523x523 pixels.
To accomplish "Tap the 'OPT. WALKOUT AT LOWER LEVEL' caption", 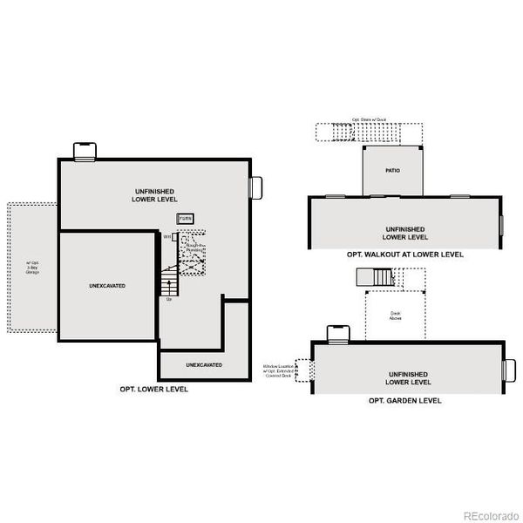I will click(404, 255).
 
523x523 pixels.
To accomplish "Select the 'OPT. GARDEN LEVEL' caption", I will click(404, 400).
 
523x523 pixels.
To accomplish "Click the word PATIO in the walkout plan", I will click(392, 171).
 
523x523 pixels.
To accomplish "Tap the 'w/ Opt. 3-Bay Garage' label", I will click(32, 267).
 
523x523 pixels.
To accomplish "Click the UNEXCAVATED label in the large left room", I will click(107, 285).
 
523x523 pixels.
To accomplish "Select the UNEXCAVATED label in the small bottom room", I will click(203, 364).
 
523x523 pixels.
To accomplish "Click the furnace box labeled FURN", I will click(186, 218).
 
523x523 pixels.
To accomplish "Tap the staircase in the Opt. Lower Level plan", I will click(168, 282).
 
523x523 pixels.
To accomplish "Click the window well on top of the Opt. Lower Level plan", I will click(83, 152).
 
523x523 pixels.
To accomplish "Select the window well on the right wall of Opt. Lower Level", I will click(256, 187).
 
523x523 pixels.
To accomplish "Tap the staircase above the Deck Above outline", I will click(376, 278).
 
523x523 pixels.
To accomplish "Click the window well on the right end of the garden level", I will click(511, 370).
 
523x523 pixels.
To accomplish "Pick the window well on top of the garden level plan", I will click(336, 333).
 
